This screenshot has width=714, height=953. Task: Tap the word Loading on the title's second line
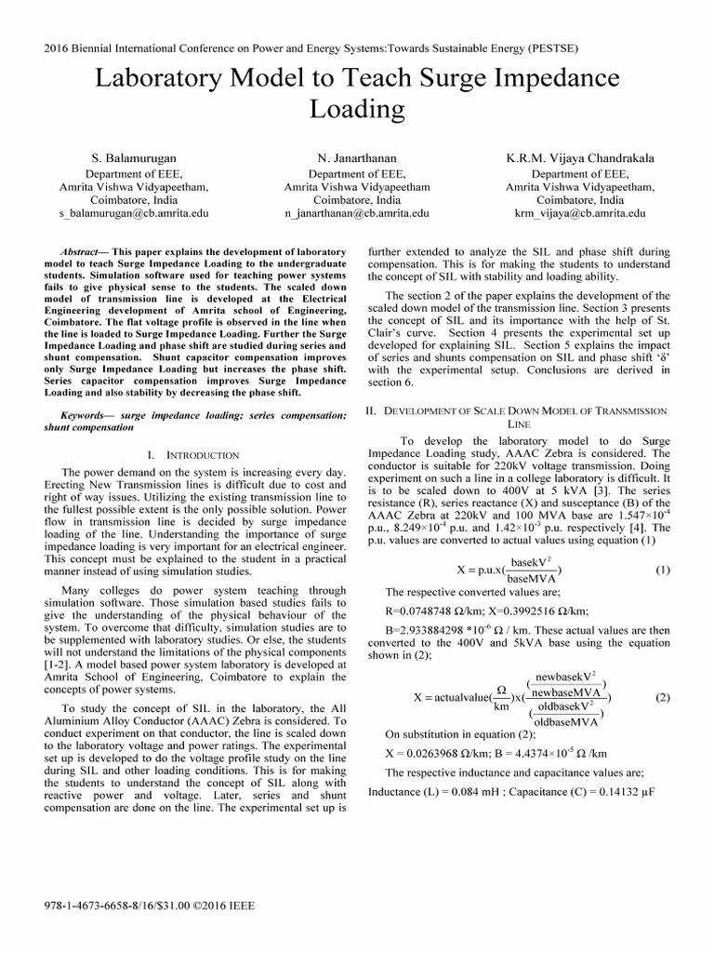pos(356,110)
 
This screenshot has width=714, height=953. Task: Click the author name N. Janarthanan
pos(357,158)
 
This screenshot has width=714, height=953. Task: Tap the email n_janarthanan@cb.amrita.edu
pos(357,213)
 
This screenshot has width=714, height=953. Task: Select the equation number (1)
pos(662,570)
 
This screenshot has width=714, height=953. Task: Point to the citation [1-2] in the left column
pos(59,666)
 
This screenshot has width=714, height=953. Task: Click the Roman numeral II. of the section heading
pos(375,410)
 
